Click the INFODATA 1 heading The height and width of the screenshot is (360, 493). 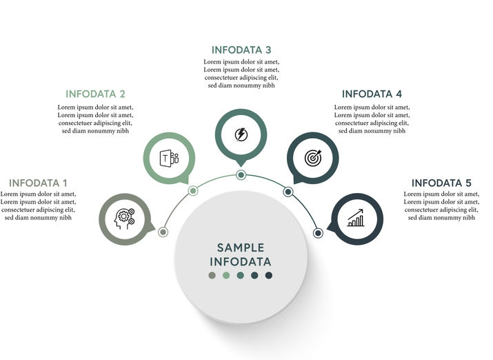tap(38, 183)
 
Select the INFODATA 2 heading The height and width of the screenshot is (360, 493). tap(95, 94)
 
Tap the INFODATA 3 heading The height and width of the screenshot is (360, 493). tap(241, 50)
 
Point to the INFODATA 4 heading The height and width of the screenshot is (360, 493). tap(372, 94)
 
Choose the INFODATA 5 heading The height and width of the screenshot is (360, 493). tap(441, 183)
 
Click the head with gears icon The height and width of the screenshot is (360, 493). tap(125, 219)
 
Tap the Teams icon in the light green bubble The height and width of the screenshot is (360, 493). tap(169, 157)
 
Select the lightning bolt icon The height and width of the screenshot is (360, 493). tap(241, 134)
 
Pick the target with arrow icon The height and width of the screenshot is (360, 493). tap(313, 158)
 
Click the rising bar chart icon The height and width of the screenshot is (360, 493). tap(356, 219)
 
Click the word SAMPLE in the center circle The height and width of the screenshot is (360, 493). tap(241, 248)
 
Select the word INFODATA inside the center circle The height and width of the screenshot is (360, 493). tap(241, 262)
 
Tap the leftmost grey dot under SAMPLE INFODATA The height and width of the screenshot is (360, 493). tap(212, 276)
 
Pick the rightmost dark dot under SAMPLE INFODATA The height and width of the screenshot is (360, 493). tap(269, 276)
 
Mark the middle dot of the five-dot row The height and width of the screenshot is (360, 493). tap(241, 276)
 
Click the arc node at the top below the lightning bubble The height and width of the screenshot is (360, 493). tap(241, 175)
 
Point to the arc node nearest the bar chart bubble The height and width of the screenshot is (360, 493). tap(318, 233)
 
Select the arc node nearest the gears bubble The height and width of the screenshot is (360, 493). tap(163, 232)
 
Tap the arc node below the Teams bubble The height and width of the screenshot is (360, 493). tap(193, 191)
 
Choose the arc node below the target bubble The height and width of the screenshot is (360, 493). tap(288, 191)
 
